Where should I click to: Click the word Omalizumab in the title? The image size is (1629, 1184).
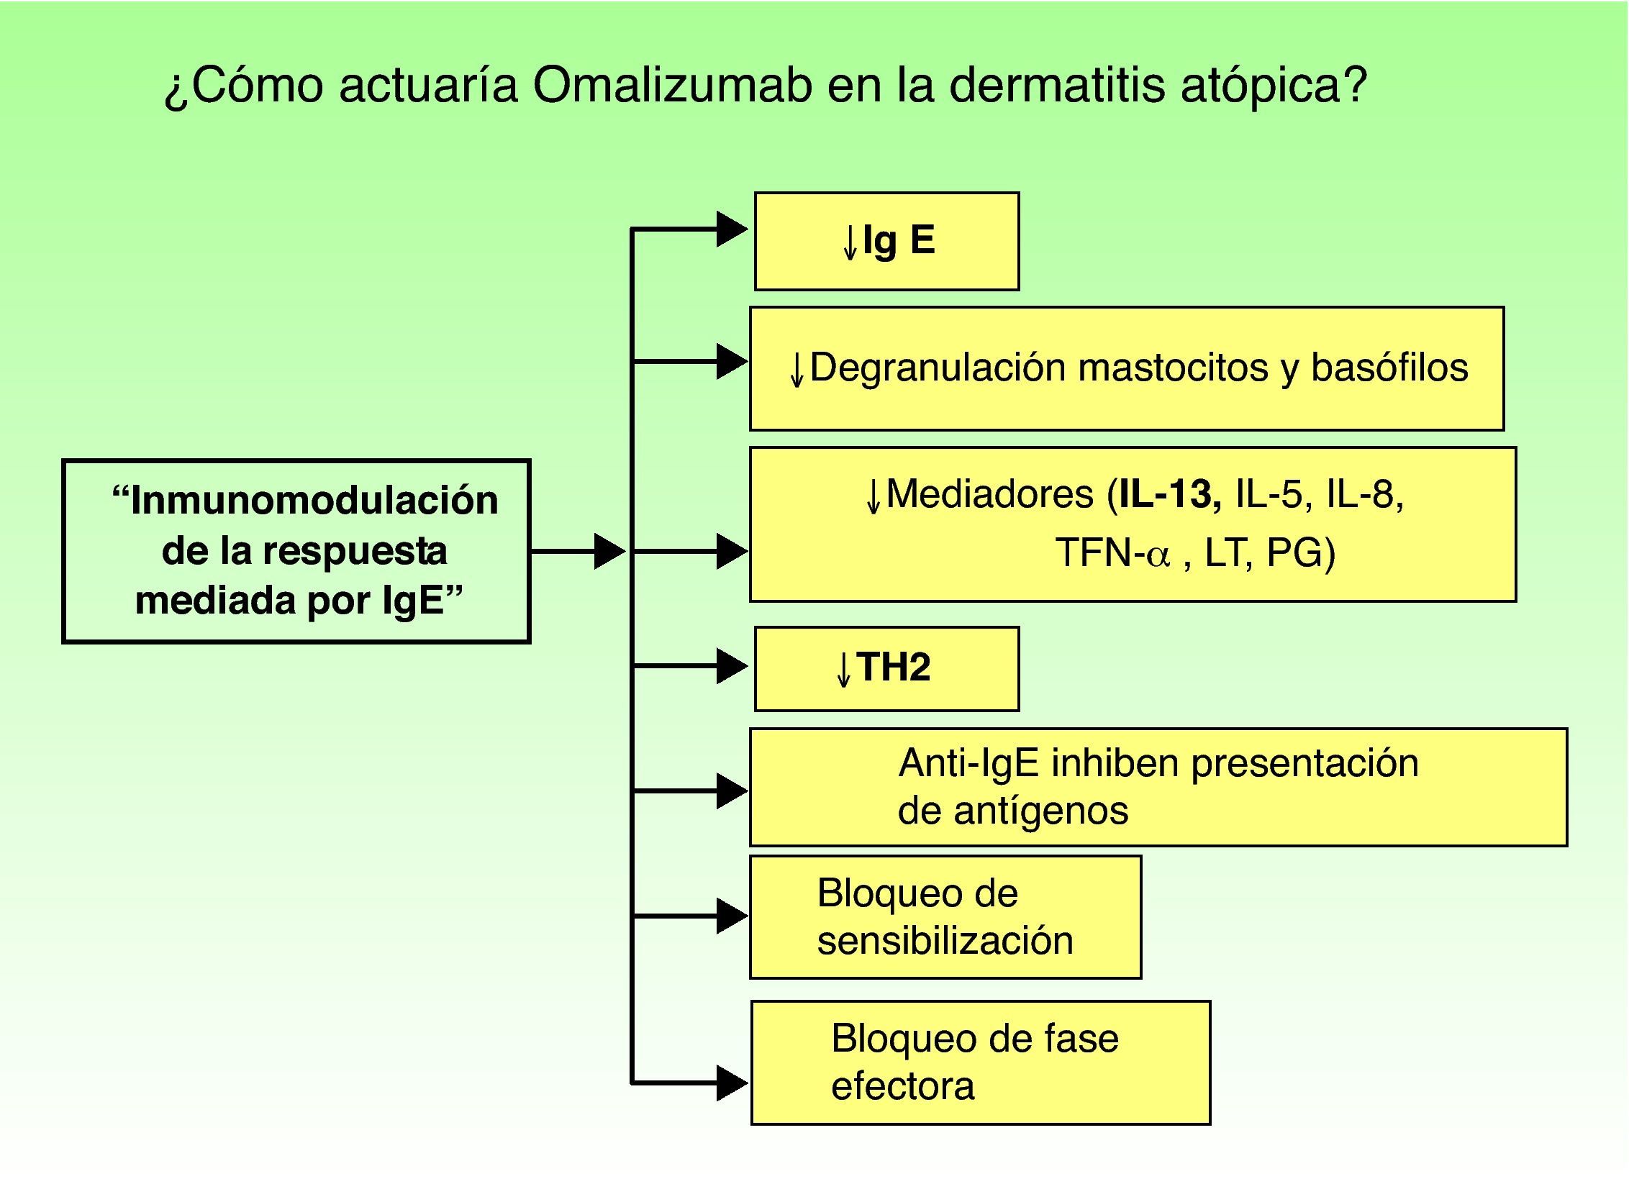(673, 86)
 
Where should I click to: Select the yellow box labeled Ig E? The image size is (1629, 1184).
(886, 241)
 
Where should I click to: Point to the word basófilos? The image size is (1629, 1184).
(1389, 368)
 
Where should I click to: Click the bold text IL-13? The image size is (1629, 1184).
(1166, 494)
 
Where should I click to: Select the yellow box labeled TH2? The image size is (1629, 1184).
(886, 668)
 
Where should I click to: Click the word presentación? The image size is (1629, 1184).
(1304, 764)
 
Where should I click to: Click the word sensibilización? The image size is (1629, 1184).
(945, 940)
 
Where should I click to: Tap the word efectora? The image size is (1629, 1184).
(902, 1085)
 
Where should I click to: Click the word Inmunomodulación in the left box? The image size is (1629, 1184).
(314, 500)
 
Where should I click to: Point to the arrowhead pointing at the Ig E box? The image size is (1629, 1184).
(732, 229)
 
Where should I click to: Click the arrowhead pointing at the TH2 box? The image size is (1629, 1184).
(732, 666)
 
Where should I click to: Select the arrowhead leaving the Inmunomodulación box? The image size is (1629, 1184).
(609, 552)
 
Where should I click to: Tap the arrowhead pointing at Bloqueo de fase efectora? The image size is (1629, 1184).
(732, 1083)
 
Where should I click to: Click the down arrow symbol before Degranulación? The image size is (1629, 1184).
(796, 370)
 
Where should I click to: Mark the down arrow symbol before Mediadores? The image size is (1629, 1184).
(873, 496)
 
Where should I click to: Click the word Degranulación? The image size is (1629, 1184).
(938, 368)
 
